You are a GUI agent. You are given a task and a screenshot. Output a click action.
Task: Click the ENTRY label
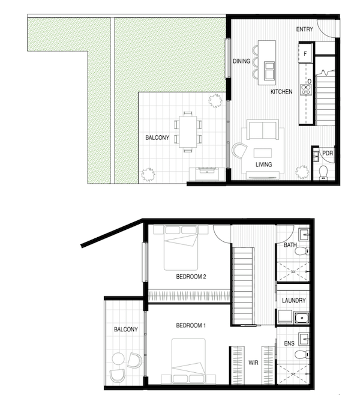pyautogui.click(x=304, y=29)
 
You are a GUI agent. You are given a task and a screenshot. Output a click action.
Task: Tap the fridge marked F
pyautogui.click(x=305, y=53)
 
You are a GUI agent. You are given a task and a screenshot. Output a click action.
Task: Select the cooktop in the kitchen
pyautogui.click(x=306, y=90)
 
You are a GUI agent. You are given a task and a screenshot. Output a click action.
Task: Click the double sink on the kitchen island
pyautogui.click(x=269, y=70)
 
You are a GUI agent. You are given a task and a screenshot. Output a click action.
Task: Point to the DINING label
pyautogui.click(x=241, y=61)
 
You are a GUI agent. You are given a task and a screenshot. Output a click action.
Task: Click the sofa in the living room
pyautogui.click(x=263, y=130)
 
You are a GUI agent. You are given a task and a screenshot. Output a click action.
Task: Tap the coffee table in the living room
pyautogui.click(x=263, y=153)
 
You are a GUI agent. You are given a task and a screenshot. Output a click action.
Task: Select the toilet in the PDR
pyautogui.click(x=323, y=172)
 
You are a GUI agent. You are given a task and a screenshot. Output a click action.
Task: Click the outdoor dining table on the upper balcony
pyautogui.click(x=188, y=131)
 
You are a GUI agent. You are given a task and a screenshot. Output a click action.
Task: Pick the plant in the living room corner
pyautogui.click(x=302, y=172)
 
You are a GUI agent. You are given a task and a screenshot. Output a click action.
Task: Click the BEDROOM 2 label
pyautogui.click(x=191, y=277)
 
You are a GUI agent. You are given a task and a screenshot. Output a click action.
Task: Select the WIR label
pyautogui.click(x=253, y=363)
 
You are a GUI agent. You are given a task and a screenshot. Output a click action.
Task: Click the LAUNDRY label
pyautogui.click(x=294, y=301)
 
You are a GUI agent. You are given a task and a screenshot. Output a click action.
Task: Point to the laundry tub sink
pyautogui.click(x=302, y=318)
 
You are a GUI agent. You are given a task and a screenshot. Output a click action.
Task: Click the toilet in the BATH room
pyautogui.click(x=302, y=251)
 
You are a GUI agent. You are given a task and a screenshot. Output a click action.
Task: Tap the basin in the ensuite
pyautogui.click(x=304, y=339)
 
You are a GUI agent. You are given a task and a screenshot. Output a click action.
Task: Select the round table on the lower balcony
pyautogui.click(x=118, y=359)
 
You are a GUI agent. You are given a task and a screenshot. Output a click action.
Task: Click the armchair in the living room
pyautogui.click(x=239, y=151)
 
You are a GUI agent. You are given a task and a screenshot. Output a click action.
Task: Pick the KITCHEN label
pyautogui.click(x=281, y=92)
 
